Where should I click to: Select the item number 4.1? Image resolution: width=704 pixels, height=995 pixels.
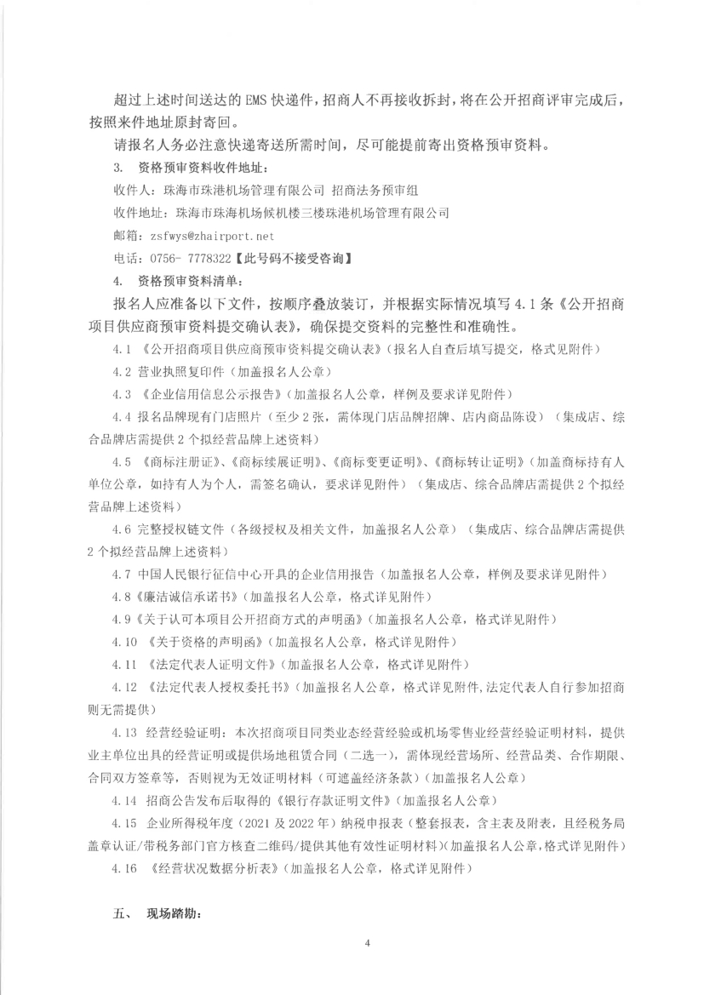(x=123, y=350)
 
